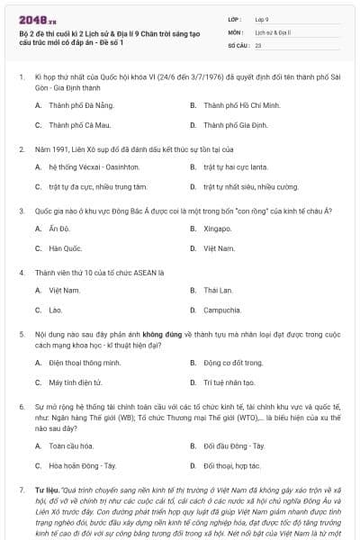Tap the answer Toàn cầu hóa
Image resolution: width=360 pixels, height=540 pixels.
[x=71, y=445]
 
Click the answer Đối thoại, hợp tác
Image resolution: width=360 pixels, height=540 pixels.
[x=232, y=465]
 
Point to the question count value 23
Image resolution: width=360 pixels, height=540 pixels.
[x=258, y=44]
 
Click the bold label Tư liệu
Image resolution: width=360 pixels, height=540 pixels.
[x=46, y=490]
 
